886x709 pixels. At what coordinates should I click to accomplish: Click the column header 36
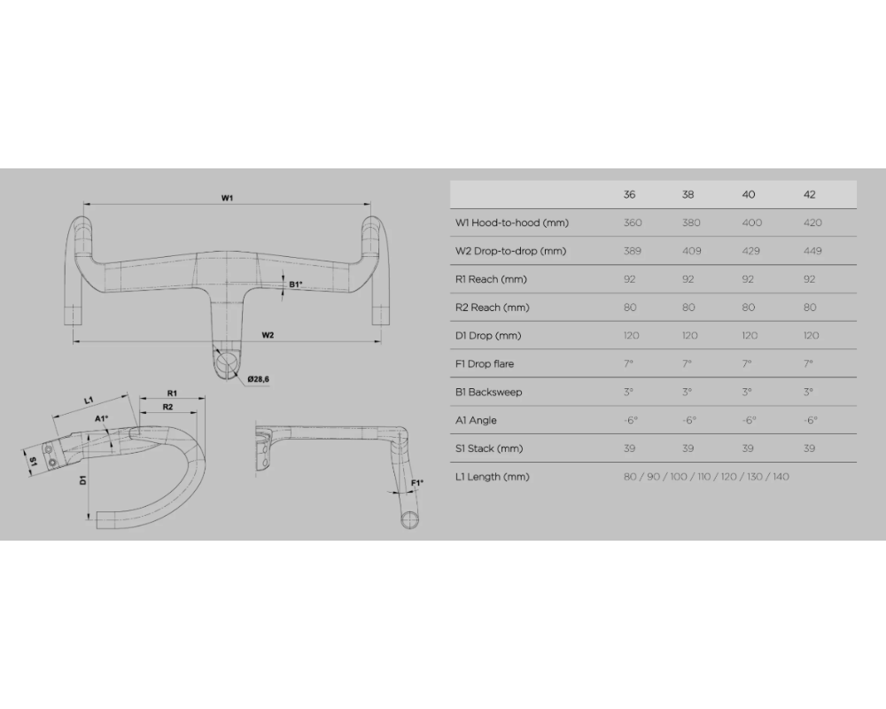pyautogui.click(x=630, y=194)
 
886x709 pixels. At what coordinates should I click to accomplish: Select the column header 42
pyautogui.click(x=809, y=194)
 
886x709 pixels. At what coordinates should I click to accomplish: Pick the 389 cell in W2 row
pyautogui.click(x=633, y=251)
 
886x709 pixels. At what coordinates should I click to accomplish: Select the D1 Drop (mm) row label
pyautogui.click(x=488, y=336)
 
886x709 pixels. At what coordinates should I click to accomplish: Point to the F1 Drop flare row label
pyautogui.click(x=484, y=364)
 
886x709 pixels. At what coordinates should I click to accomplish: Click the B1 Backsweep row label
pyautogui.click(x=488, y=392)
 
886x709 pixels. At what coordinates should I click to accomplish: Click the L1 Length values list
pyautogui.click(x=706, y=477)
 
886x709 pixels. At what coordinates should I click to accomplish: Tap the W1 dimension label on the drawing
pyautogui.click(x=228, y=197)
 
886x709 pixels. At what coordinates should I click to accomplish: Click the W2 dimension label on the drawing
pyautogui.click(x=268, y=334)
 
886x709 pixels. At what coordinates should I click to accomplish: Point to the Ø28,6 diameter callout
pyautogui.click(x=259, y=378)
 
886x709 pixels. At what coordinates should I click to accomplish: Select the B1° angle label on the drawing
pyautogui.click(x=296, y=284)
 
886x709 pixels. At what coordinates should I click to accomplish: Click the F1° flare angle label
pyautogui.click(x=417, y=482)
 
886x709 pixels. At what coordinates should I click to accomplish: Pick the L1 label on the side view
pyautogui.click(x=89, y=401)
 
